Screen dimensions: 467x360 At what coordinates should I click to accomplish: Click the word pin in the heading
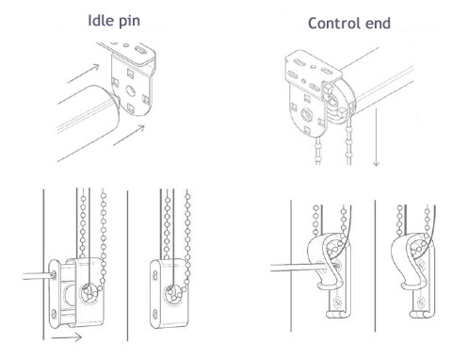[129, 22]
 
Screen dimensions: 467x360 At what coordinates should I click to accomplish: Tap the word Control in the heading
[334, 24]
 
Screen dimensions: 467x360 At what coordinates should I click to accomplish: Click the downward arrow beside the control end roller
[376, 137]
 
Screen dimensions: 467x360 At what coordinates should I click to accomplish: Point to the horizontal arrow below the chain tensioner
[66, 337]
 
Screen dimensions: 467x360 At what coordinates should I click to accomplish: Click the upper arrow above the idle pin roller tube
[83, 74]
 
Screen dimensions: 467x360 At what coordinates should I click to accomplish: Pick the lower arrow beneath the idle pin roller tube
[129, 135]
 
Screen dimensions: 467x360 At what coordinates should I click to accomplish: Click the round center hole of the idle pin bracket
[131, 90]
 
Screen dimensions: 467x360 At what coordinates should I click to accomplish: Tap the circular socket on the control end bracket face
[307, 114]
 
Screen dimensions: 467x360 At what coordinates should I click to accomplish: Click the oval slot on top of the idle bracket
[140, 49]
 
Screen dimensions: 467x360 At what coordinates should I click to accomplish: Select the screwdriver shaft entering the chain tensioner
[39, 276]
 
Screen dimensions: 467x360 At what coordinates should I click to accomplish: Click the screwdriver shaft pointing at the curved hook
[298, 268]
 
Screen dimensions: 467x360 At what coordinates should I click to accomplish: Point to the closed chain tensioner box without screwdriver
[169, 293]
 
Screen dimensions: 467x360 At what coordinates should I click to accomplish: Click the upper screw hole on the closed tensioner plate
[154, 275]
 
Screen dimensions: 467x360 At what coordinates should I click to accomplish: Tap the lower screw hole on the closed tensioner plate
[154, 314]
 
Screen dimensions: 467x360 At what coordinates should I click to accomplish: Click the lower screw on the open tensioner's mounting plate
[54, 313]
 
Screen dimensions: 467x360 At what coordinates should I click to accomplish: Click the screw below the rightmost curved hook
[421, 303]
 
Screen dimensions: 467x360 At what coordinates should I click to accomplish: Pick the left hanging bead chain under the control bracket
[318, 151]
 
